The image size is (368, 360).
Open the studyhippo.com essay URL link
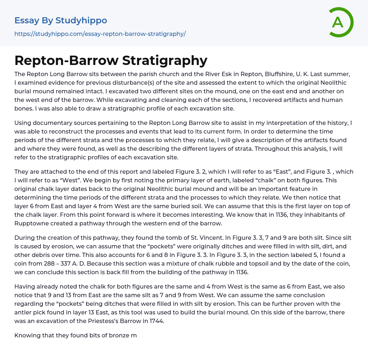point(100,34)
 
